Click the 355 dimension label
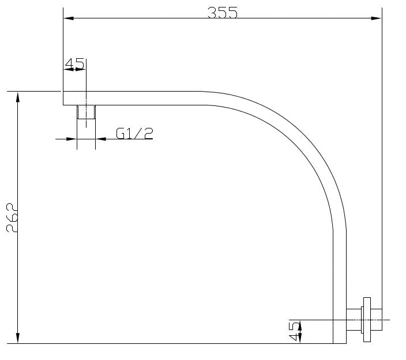pos(223,13)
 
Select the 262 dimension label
pos(12,218)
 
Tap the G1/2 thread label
pos(134,134)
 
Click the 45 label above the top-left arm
pos(74,63)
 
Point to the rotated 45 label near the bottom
pos(294,331)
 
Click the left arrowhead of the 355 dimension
pos(69,18)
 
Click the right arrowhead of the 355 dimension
pos(377,18)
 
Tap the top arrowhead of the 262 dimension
pos(18,97)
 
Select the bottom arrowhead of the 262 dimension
pos(18,338)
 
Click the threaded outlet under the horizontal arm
pos(87,112)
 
